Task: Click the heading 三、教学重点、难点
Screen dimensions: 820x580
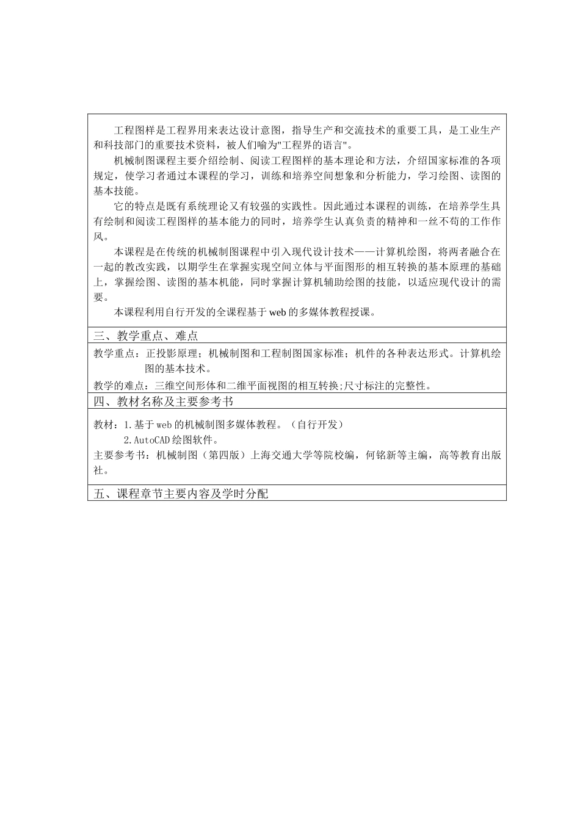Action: [x=146, y=336]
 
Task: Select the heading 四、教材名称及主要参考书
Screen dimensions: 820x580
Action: [x=164, y=401]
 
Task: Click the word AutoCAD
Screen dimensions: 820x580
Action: [x=147, y=440]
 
